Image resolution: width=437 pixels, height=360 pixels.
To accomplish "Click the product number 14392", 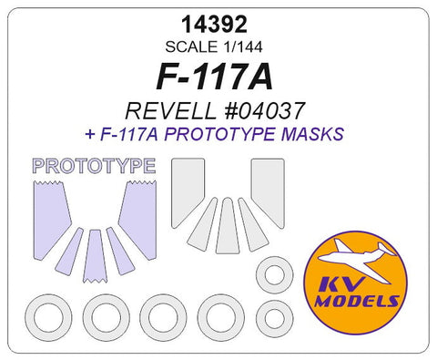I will tap(218, 26).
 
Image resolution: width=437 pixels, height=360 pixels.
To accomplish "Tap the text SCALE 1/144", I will tap(218, 48).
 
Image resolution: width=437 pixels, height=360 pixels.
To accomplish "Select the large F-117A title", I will tap(218, 79).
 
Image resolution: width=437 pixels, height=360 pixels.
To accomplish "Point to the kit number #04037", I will tap(263, 112).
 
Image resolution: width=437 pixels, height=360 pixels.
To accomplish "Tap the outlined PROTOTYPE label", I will tap(93, 166).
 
